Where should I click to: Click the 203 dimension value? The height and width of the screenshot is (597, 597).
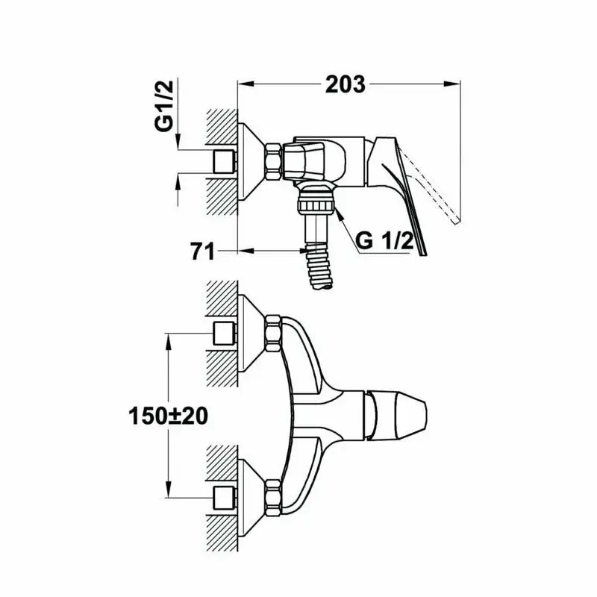pyautogui.click(x=345, y=84)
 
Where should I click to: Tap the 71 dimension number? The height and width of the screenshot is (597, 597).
pyautogui.click(x=203, y=251)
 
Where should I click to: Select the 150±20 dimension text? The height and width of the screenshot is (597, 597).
pyautogui.click(x=169, y=416)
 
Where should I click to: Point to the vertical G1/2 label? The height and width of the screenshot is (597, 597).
pyautogui.click(x=164, y=106)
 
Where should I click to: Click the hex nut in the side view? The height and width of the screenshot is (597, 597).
pyautogui.click(x=273, y=161)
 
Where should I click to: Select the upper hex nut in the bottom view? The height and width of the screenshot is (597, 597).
pyautogui.click(x=273, y=334)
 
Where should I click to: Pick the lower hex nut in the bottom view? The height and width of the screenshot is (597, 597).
pyautogui.click(x=273, y=498)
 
